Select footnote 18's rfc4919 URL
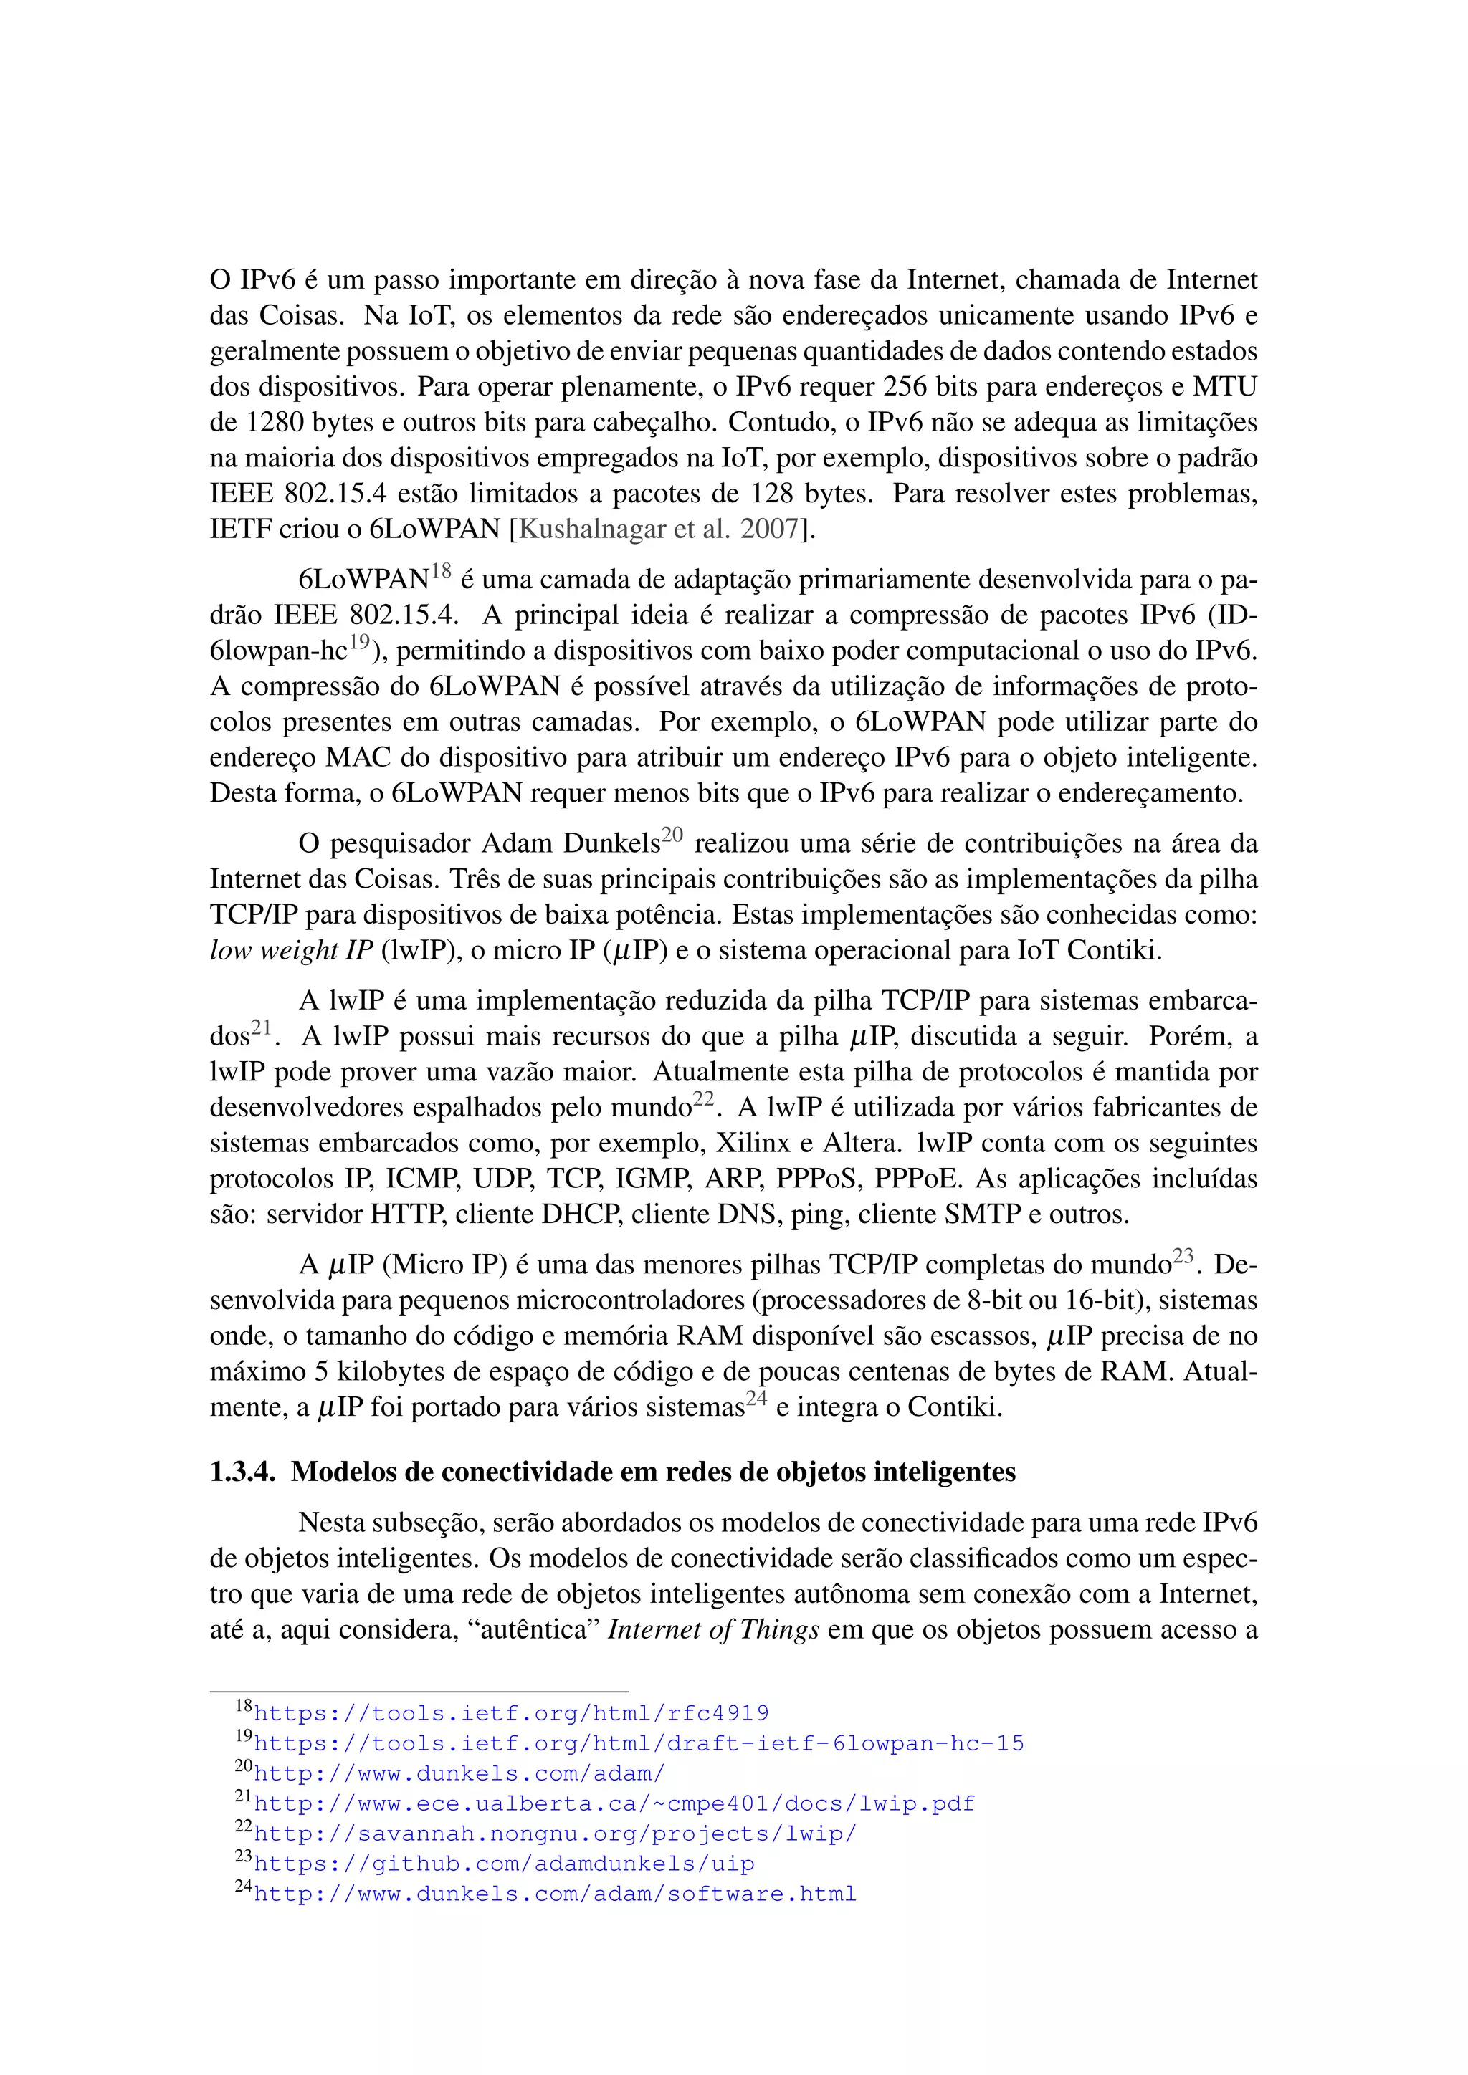pyautogui.click(x=511, y=1713)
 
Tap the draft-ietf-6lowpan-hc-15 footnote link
pyautogui.click(x=638, y=1743)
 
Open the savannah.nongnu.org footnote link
pyautogui.click(x=554, y=1834)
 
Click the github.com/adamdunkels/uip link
pyautogui.click(x=503, y=1864)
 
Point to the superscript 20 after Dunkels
pyautogui.click(x=672, y=834)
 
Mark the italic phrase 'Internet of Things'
pyautogui.click(x=713, y=1630)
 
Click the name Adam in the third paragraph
pyautogui.click(x=517, y=844)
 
